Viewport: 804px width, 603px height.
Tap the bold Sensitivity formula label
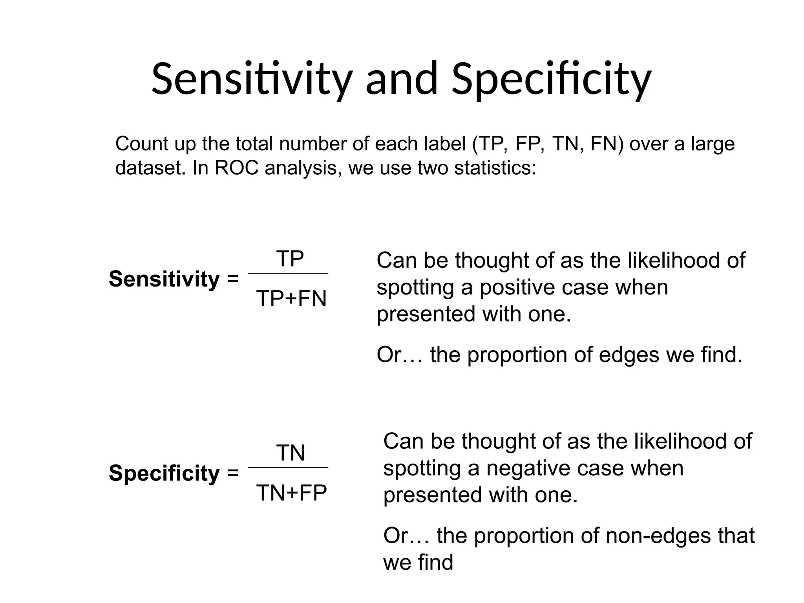164,279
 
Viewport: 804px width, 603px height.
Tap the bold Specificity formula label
164,473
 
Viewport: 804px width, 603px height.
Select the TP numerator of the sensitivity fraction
290,259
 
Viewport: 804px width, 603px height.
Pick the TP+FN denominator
291,299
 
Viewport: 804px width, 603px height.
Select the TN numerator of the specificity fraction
291,453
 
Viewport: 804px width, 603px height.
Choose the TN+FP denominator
291,493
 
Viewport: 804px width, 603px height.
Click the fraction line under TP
288,273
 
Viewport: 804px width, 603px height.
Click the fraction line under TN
288,468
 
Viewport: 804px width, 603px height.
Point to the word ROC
237,168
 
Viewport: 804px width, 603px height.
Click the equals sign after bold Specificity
233,473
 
